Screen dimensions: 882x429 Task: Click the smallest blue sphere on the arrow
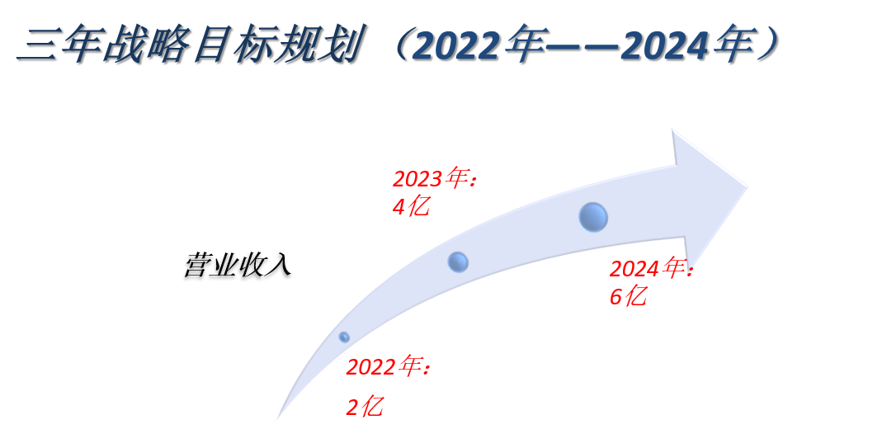tap(344, 337)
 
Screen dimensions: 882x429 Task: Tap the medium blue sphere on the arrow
tap(458, 262)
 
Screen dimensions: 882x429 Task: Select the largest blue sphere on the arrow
tap(593, 218)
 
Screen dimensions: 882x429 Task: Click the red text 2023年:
tap(435, 179)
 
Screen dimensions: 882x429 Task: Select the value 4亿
tap(411, 207)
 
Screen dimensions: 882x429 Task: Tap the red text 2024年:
tap(651, 269)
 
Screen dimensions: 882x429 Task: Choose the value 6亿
tap(628, 296)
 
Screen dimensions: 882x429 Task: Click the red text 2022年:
tap(388, 368)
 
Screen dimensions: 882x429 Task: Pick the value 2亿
tap(365, 407)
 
